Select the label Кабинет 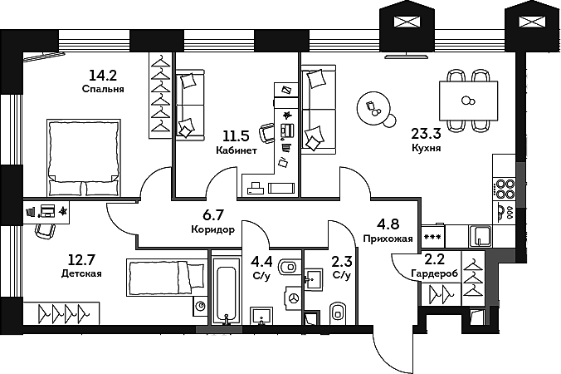coord(236,151)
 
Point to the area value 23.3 coord(426,130)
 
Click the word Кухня coord(426,148)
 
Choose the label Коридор coord(212,230)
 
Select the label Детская coord(81,273)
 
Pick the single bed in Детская coord(166,278)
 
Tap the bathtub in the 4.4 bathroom coord(226,290)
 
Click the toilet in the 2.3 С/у coord(339,312)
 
